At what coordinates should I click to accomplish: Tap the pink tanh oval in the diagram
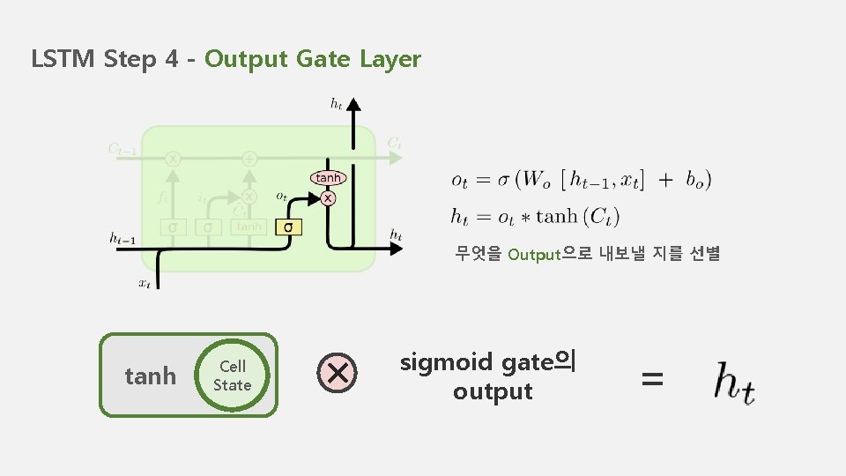(x=327, y=178)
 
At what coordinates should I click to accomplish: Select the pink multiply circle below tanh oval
(x=328, y=198)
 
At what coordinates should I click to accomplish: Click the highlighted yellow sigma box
(x=288, y=227)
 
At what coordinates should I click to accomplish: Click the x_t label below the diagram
(x=144, y=284)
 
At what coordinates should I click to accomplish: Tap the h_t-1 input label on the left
(x=122, y=236)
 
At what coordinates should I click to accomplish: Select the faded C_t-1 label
(x=122, y=150)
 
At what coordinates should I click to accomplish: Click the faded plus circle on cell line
(x=249, y=159)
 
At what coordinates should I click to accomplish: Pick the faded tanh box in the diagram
(x=249, y=227)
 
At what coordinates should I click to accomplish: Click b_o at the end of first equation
(x=697, y=180)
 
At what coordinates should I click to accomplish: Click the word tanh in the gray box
(x=150, y=376)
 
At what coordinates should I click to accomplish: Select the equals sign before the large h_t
(x=652, y=380)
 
